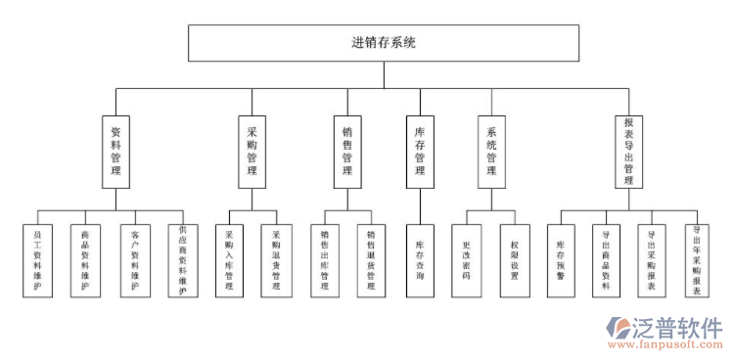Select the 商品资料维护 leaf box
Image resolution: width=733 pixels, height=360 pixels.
pos(85,261)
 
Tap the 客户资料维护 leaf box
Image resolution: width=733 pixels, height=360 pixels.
pos(134,261)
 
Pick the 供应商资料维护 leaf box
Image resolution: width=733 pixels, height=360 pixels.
pos(182,261)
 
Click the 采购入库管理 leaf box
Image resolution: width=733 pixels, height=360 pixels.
pos(229,261)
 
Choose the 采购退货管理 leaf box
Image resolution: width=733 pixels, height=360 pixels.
pos(276,261)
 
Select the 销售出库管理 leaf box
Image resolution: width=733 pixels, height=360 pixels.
pos(324,261)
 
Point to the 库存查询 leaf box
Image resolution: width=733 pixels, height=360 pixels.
pos(419,261)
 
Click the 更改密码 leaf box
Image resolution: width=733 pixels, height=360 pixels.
pos(467,261)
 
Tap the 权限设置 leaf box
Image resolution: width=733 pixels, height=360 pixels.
pos(515,261)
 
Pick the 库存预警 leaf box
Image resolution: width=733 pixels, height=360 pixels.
pos(561,261)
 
